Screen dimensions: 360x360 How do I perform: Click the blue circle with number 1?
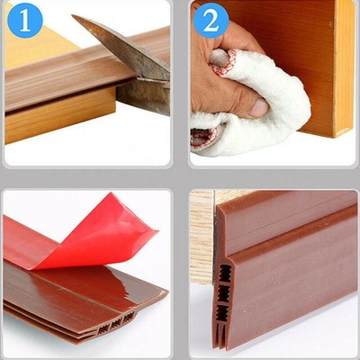(24, 20)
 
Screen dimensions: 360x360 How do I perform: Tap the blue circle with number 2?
(210, 20)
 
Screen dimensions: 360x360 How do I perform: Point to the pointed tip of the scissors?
(75, 20)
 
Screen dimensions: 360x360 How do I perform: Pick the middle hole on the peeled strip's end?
(116, 321)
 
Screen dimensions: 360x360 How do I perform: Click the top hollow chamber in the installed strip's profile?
(223, 270)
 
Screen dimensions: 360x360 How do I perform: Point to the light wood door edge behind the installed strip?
(202, 234)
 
